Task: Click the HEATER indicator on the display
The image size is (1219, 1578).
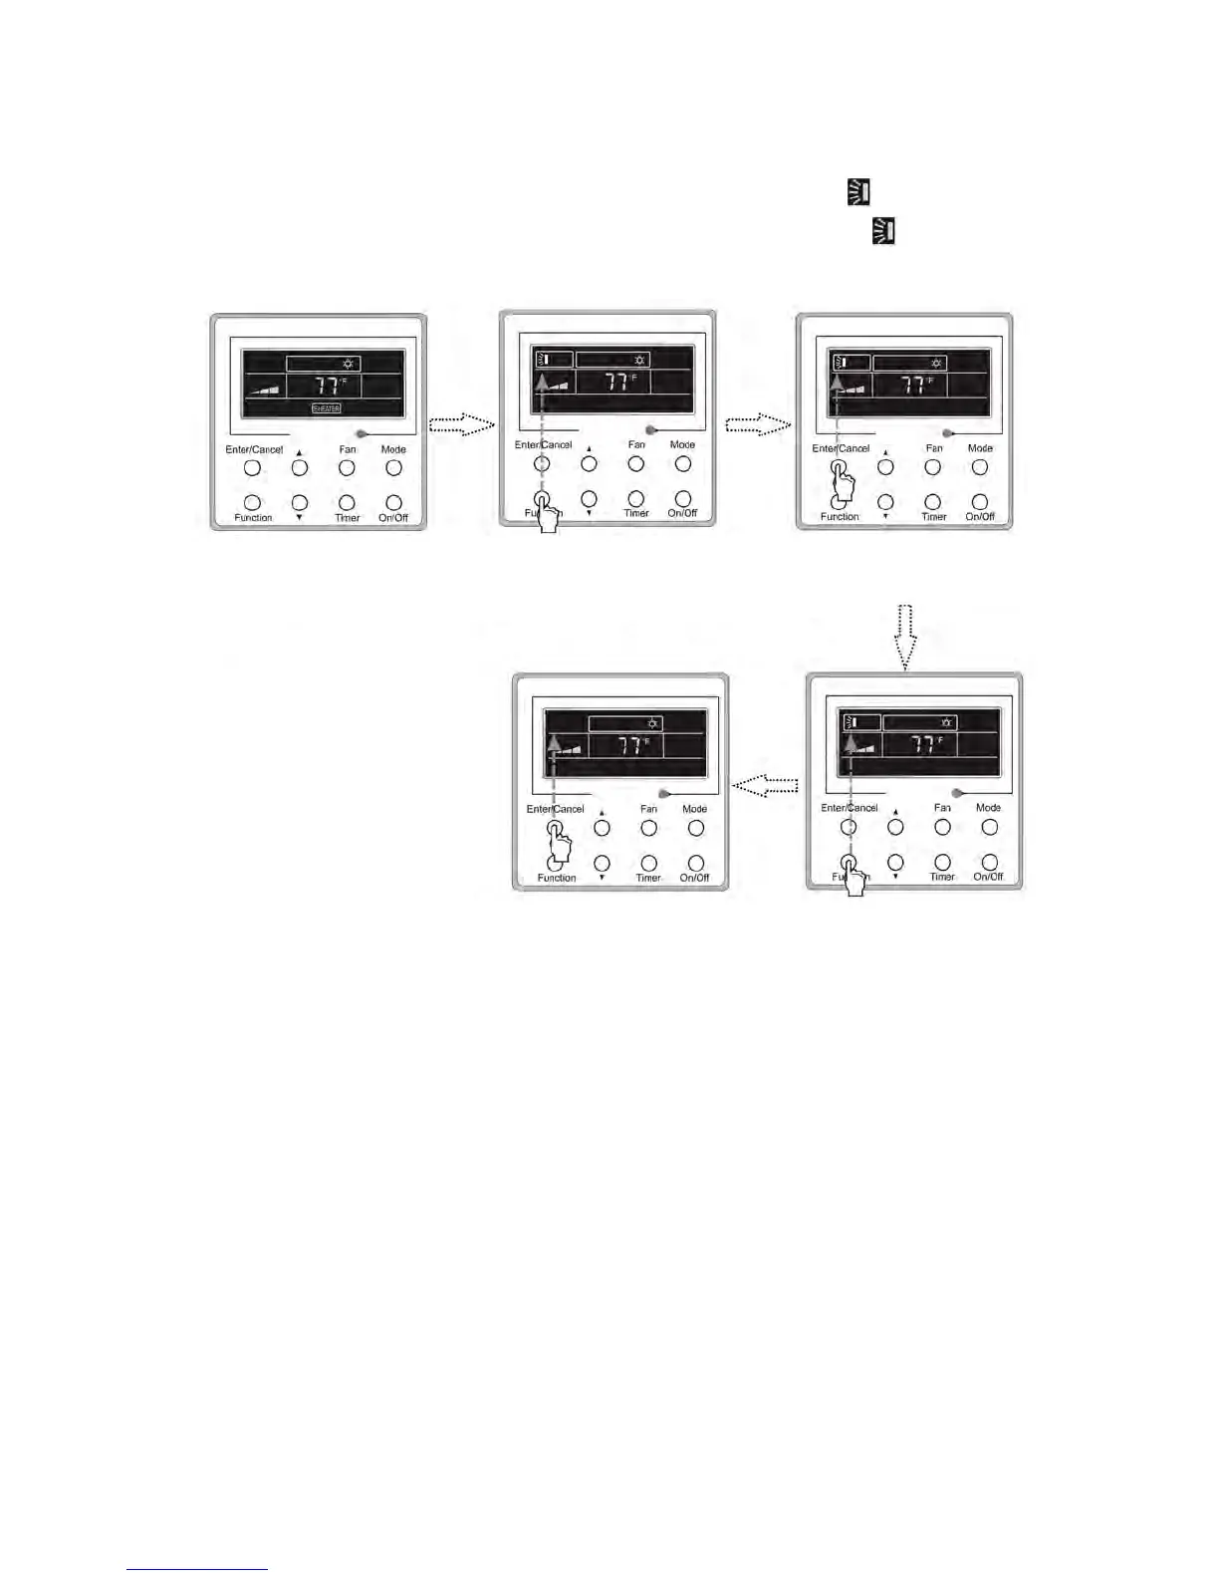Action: point(327,408)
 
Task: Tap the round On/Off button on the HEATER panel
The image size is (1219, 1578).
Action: point(394,503)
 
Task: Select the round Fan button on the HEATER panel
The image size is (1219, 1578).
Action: point(347,467)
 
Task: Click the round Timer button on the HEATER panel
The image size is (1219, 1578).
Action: point(347,503)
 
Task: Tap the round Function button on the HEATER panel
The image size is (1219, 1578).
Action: point(252,503)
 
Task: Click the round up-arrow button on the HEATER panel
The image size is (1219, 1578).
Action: point(300,467)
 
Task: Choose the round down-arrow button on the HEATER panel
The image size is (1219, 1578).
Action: point(300,503)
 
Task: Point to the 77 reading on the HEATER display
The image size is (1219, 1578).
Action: point(326,387)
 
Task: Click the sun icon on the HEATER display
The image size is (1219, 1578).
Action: point(348,365)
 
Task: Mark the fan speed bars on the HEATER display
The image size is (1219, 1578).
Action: point(265,389)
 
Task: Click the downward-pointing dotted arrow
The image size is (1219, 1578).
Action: point(904,637)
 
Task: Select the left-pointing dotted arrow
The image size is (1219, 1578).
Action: point(766,786)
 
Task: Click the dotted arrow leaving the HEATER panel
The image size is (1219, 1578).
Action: point(461,425)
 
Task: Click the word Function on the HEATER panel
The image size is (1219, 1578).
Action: point(253,518)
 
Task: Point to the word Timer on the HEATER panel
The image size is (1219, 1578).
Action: point(347,518)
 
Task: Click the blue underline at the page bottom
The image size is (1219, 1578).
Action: point(197,1569)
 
